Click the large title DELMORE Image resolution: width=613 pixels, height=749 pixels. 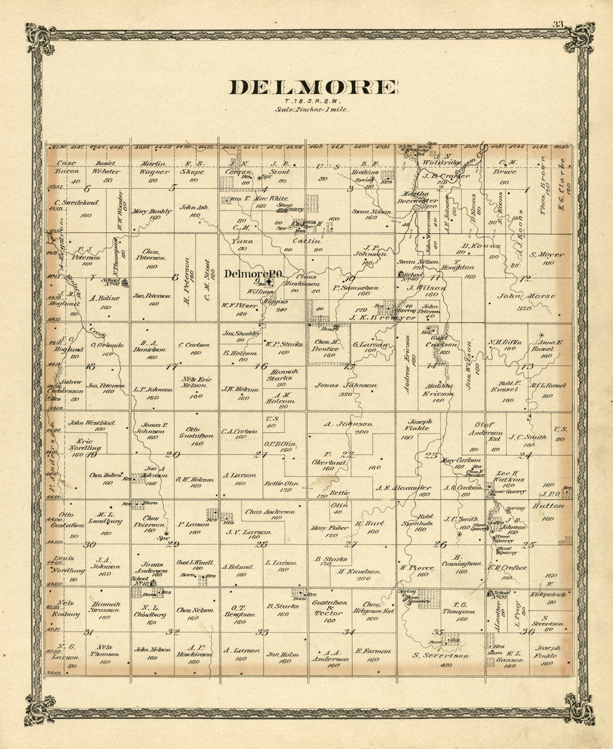point(313,88)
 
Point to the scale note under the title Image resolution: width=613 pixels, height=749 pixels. point(312,110)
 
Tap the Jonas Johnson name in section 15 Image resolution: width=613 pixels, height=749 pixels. point(346,385)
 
